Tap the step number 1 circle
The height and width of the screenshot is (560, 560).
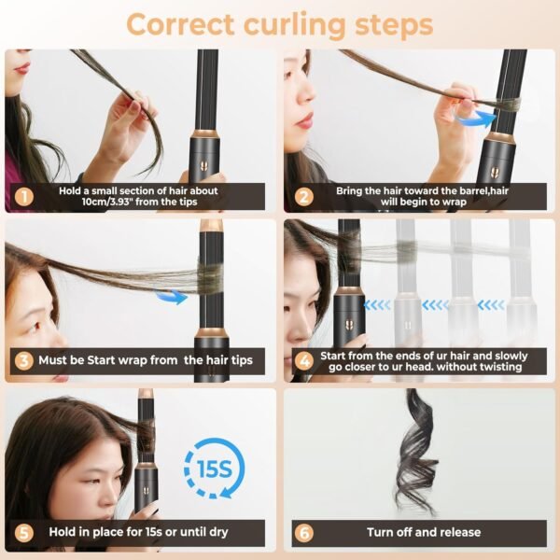[x=22, y=197]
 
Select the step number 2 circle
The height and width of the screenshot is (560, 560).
[x=302, y=197]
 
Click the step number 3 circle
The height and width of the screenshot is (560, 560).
[x=22, y=360]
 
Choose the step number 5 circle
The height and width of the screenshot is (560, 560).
[x=22, y=532]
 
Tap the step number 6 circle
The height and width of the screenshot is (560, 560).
[x=302, y=532]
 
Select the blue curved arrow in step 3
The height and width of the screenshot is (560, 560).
[x=168, y=297]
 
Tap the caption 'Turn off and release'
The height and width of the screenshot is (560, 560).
[x=424, y=532]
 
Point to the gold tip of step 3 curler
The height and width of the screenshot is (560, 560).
[x=209, y=226]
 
